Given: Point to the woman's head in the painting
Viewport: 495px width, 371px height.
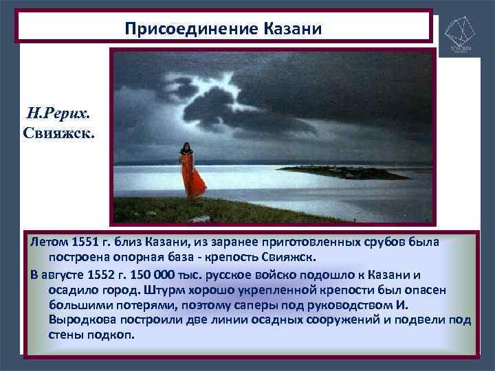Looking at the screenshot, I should pos(186,146).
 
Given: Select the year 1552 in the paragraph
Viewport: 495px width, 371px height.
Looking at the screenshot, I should pos(109,273).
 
